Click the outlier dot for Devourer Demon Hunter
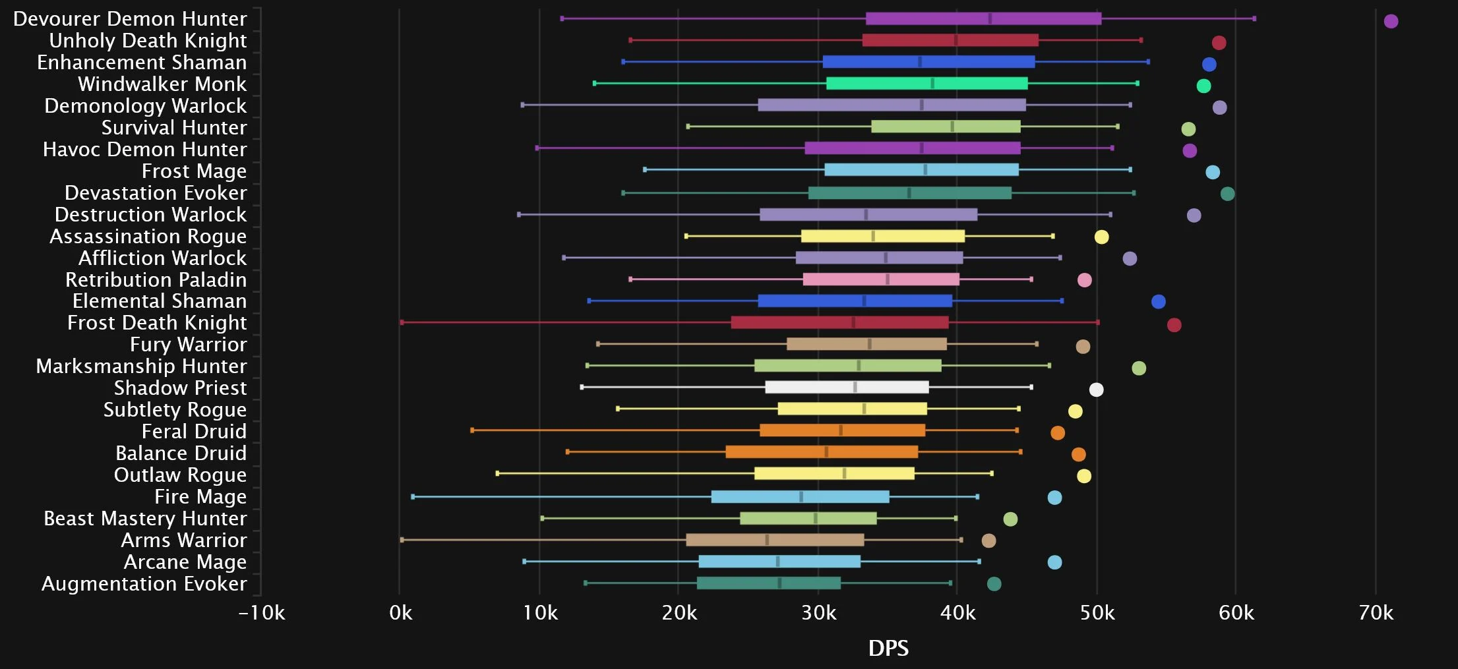pyautogui.click(x=1391, y=21)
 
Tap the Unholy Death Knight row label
pyautogui.click(x=148, y=40)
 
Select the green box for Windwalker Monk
pyautogui.click(x=926, y=83)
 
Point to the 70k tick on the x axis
pyautogui.click(x=1376, y=613)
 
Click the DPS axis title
pyautogui.click(x=888, y=648)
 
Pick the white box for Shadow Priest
pyautogui.click(x=847, y=387)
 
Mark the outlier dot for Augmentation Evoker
pyautogui.click(x=994, y=584)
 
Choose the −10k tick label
pyautogui.click(x=262, y=613)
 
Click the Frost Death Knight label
pyautogui.click(x=157, y=322)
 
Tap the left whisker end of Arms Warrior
pyautogui.click(x=402, y=540)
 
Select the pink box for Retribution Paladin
pyautogui.click(x=881, y=279)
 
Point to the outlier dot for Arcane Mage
pyautogui.click(x=1054, y=562)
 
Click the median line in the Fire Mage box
pyautogui.click(x=801, y=496)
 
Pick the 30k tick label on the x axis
pyautogui.click(x=818, y=613)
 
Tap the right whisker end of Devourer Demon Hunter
pyautogui.click(x=1254, y=18)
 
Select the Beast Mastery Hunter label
pyautogui.click(x=145, y=518)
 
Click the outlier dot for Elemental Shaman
pyautogui.click(x=1158, y=302)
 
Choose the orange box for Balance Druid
pyautogui.click(x=822, y=452)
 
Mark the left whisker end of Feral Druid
pyautogui.click(x=472, y=430)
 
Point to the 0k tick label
pyautogui.click(x=400, y=613)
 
